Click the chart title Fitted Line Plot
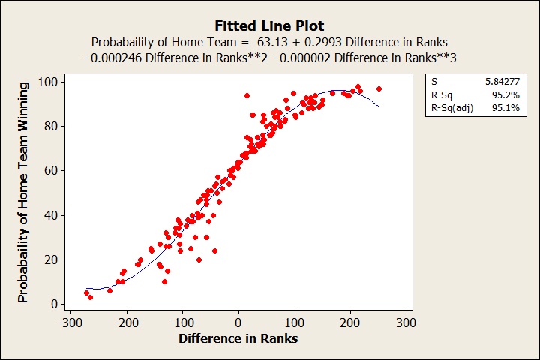click(269, 25)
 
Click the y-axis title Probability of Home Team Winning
click(23, 193)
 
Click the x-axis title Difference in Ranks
click(238, 339)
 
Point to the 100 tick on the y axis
click(52, 81)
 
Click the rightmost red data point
click(379, 88)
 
